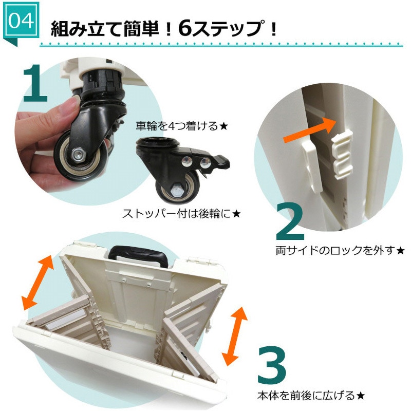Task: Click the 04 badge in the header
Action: click(x=22, y=21)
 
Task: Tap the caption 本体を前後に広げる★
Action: click(x=311, y=396)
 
